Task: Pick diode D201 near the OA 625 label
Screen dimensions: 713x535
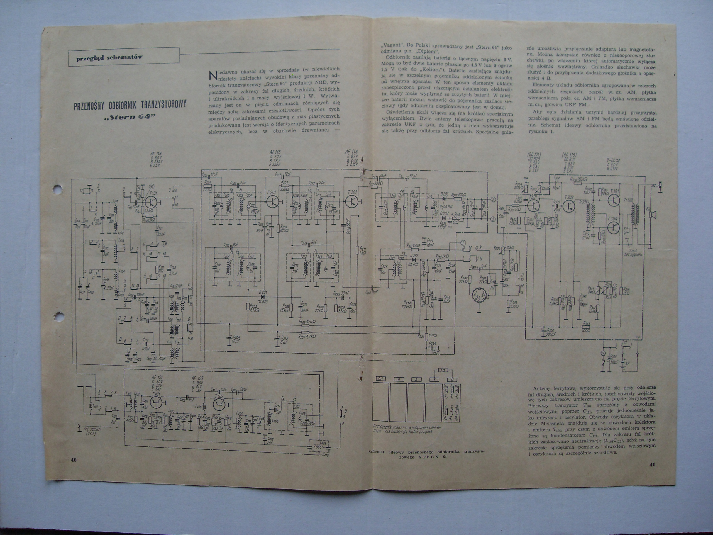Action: [263, 295]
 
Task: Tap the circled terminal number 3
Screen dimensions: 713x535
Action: [492, 199]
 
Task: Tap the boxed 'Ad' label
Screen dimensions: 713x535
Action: [443, 370]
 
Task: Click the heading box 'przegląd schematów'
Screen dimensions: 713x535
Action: [109, 58]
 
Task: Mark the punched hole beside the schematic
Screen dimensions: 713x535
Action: [57, 188]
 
